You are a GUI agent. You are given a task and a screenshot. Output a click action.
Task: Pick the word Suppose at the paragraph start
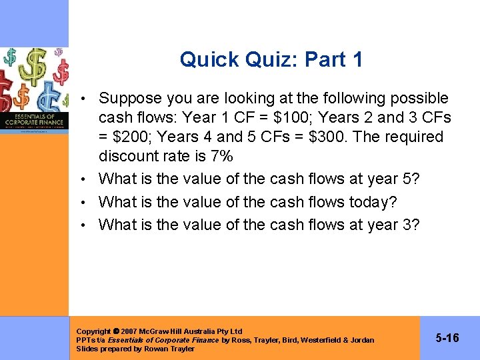(130, 98)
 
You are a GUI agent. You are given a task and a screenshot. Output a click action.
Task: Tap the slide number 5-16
(447, 338)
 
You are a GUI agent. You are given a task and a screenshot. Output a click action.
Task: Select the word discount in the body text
(129, 156)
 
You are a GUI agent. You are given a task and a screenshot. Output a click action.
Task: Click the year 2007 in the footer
(130, 331)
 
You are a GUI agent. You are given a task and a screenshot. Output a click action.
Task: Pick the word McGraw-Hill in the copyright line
(163, 331)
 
